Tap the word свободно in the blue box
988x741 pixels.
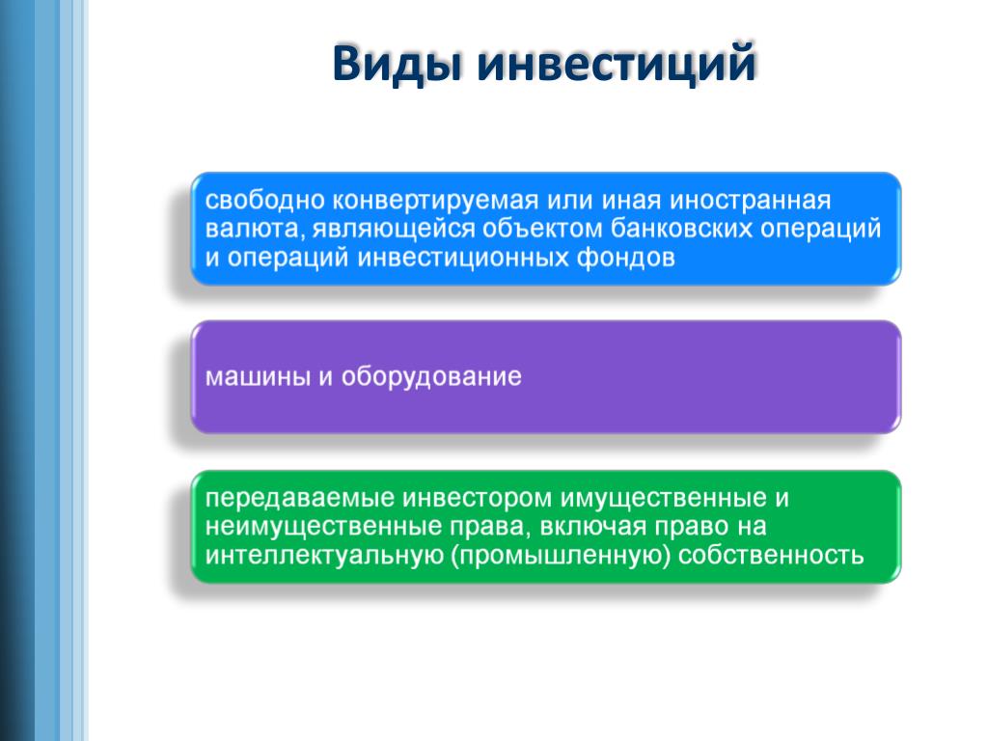(264, 201)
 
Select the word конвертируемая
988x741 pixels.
(435, 202)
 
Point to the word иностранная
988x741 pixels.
(750, 202)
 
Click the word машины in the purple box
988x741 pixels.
(259, 377)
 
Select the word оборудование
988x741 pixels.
(431, 377)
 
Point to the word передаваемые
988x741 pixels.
(300, 499)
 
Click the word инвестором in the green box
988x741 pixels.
(478, 499)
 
